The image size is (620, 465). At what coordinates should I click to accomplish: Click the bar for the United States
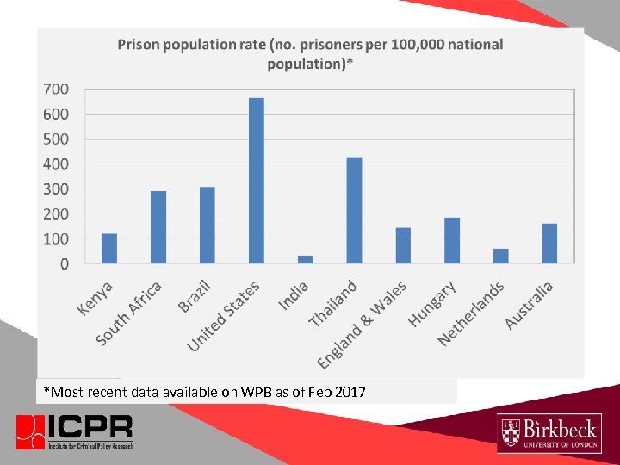click(x=257, y=180)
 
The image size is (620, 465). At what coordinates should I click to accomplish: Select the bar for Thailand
click(x=354, y=210)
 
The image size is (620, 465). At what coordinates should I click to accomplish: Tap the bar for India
click(x=305, y=258)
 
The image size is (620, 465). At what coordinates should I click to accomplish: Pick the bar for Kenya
click(x=109, y=248)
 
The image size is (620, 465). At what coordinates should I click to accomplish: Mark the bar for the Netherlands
click(x=500, y=256)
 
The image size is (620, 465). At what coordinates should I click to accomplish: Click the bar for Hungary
click(x=452, y=240)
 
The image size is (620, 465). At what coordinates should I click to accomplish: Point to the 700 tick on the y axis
click(x=56, y=89)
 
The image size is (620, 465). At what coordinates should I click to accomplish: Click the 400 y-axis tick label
click(x=56, y=164)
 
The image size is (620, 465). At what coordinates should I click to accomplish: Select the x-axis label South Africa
click(x=129, y=314)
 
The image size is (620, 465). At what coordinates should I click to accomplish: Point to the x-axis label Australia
click(x=530, y=305)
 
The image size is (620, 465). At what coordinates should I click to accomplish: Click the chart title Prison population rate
click(x=310, y=53)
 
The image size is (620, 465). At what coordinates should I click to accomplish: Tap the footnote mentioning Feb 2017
click(x=205, y=393)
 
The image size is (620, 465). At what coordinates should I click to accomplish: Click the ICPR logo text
click(x=90, y=427)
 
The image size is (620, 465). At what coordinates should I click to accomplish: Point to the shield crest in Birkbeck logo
click(x=512, y=433)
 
